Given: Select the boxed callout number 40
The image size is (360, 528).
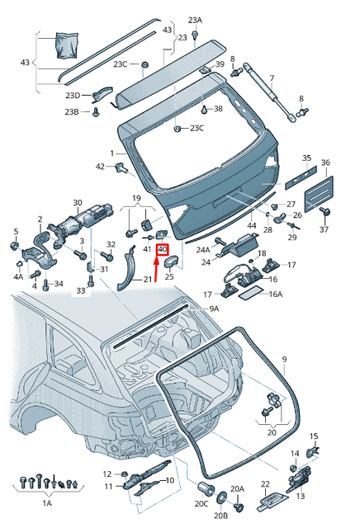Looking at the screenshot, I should click(x=162, y=248).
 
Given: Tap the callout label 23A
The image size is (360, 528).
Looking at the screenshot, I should click(x=194, y=19).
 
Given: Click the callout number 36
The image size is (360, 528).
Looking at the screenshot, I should click(x=325, y=163).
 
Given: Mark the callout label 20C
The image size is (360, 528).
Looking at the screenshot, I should click(x=201, y=503).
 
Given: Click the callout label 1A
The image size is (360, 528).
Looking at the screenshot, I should click(x=47, y=502).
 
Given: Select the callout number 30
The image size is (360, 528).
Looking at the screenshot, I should click(x=78, y=202).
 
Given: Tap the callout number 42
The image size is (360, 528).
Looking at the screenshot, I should click(x=100, y=167).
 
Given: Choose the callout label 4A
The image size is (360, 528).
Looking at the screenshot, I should click(x=18, y=277).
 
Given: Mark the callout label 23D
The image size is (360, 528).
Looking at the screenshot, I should click(x=73, y=96).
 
